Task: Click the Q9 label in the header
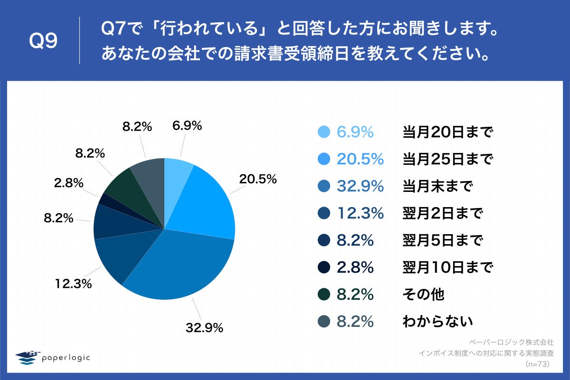point(43,41)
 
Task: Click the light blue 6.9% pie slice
point(177,176)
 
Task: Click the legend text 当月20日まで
point(446,133)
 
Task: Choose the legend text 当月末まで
point(437,187)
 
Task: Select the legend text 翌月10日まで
point(446,268)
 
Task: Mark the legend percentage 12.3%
point(360,214)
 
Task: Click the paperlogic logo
point(52,357)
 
